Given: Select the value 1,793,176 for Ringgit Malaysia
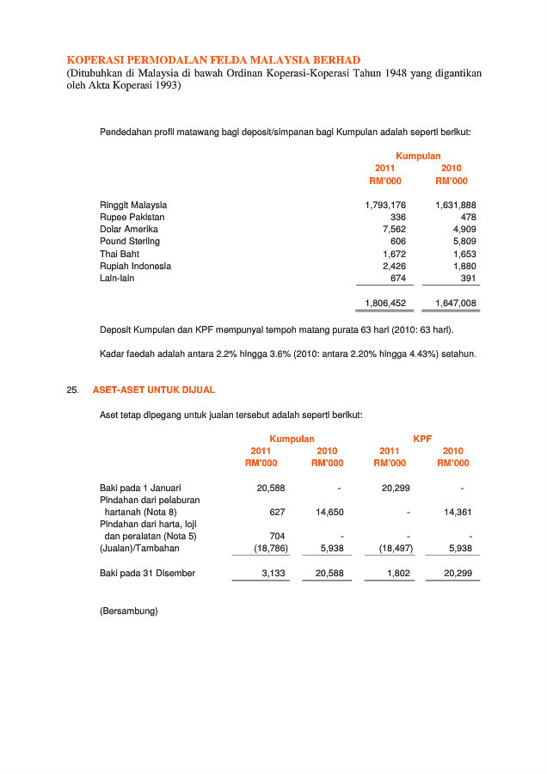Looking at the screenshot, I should pyautogui.click(x=385, y=206).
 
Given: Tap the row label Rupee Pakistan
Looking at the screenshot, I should pyautogui.click(x=132, y=218).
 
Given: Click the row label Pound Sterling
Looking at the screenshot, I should pyautogui.click(x=130, y=242).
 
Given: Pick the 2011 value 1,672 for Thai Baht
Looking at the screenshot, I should pyautogui.click(x=394, y=255).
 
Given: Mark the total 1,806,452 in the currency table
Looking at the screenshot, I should pyautogui.click(x=385, y=304).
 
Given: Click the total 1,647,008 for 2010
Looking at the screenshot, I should pyautogui.click(x=456, y=304).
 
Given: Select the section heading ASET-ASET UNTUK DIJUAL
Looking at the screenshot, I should pyautogui.click(x=154, y=390).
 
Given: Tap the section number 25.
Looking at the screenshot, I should pyautogui.click(x=72, y=390).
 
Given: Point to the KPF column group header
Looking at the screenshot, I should pyautogui.click(x=422, y=439).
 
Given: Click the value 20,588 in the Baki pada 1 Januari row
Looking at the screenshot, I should pyautogui.click(x=271, y=488).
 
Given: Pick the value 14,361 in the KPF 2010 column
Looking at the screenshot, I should pyautogui.click(x=458, y=513).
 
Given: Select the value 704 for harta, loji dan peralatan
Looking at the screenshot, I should pyautogui.click(x=277, y=536).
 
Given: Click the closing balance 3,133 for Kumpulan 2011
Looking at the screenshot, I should pyautogui.click(x=273, y=574).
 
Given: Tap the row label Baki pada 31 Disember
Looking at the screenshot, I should pyautogui.click(x=147, y=574).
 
